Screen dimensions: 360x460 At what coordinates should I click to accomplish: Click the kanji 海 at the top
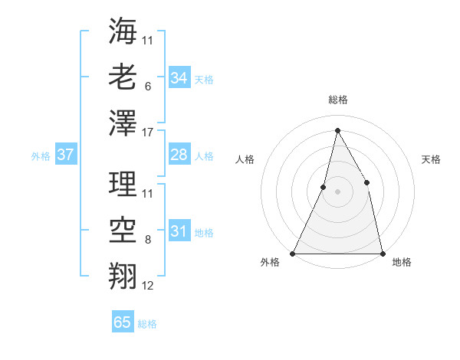123,31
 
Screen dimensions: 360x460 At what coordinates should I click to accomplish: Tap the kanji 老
123,77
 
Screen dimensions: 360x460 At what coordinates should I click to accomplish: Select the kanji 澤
123,123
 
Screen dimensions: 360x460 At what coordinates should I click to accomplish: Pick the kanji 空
123,230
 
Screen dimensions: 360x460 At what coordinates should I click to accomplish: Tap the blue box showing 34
179,77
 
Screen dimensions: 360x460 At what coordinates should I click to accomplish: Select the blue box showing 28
179,155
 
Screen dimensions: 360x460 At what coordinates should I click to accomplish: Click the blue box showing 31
179,231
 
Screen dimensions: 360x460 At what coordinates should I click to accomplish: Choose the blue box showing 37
66,155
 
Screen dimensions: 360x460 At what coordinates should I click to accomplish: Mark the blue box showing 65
123,322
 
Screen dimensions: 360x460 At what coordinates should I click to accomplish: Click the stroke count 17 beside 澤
149,133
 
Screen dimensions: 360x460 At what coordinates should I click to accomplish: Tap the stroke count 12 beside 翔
148,286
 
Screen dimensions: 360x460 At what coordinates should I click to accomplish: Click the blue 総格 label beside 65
147,324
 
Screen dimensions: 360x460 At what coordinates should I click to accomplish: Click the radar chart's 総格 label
338,100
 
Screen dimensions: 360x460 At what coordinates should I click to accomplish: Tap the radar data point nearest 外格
293,253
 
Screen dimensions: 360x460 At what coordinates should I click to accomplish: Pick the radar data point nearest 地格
382,253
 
